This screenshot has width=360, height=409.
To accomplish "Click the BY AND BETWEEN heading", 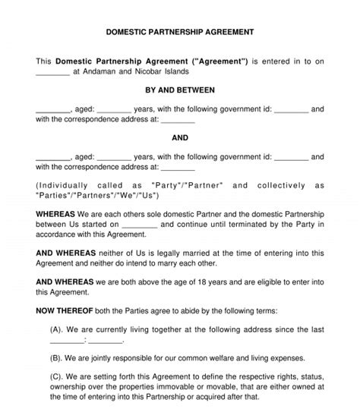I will (x=180, y=90).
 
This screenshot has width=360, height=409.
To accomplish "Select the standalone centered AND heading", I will (x=180, y=138).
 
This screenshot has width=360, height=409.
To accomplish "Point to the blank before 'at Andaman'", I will (x=52, y=74).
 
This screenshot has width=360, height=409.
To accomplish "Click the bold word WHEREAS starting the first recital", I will (x=55, y=214).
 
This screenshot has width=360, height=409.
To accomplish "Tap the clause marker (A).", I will (x=56, y=329).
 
